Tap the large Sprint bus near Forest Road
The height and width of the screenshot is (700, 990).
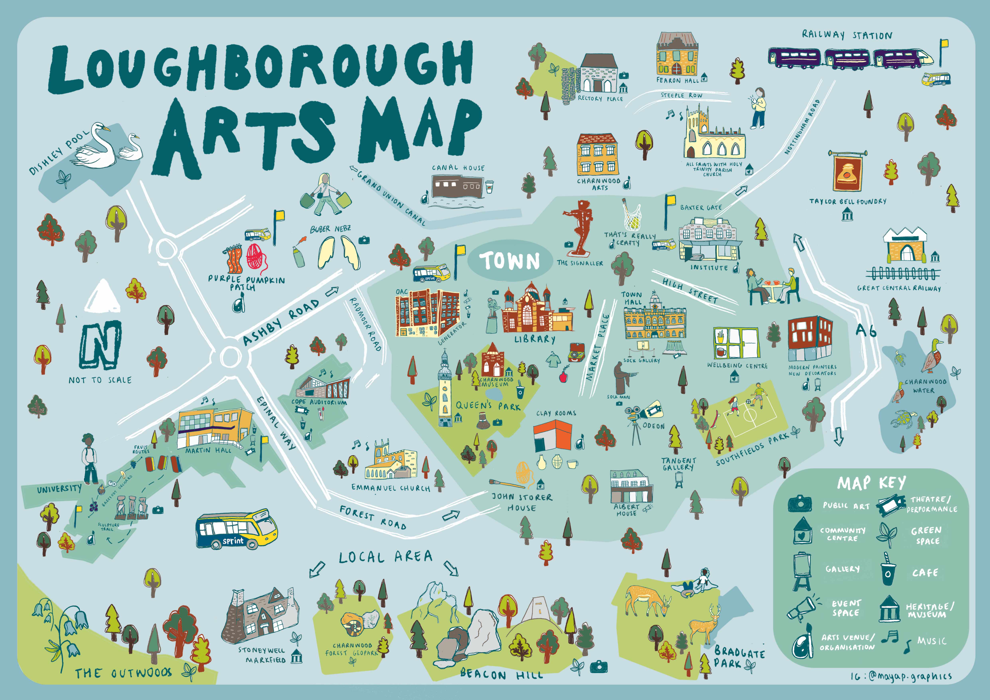[236, 529]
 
